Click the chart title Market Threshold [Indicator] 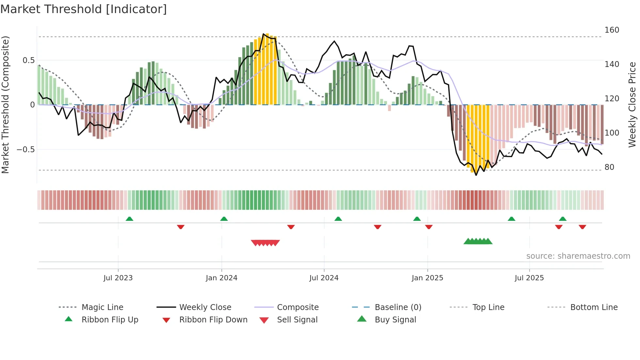coord(84,9)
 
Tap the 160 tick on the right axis coord(612,30)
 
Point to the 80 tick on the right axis coord(609,167)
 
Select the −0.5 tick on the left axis coord(25,150)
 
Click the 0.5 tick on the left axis coord(28,60)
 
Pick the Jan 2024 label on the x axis coord(221,278)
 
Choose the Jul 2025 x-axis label coord(529,278)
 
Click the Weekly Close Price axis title coord(632,105)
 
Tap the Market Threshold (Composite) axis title coord(5,105)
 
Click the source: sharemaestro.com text coord(578,256)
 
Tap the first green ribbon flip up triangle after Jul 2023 coord(129,219)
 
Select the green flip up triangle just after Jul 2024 coord(338,219)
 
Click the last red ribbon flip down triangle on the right coord(582,227)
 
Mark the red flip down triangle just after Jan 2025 coord(429,227)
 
